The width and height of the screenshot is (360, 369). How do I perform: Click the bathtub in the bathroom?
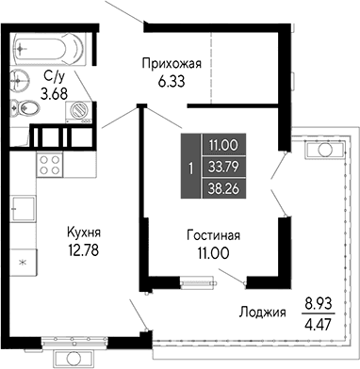55,46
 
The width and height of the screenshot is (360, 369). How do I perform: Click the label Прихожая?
172,64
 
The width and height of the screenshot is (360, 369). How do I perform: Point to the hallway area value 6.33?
172,82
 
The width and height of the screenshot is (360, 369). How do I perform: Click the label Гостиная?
212,235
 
